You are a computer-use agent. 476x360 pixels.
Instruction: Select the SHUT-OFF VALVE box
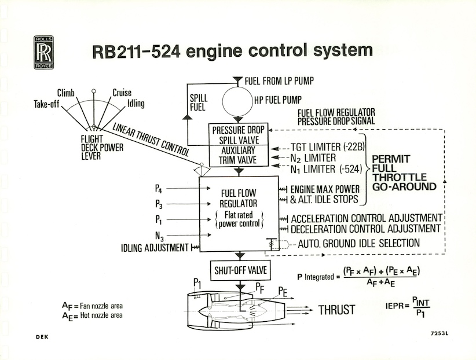237,270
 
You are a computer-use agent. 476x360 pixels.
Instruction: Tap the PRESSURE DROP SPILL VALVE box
237,134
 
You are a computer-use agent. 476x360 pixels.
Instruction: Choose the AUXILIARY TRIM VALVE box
237,155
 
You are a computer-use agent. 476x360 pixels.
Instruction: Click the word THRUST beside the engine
336,310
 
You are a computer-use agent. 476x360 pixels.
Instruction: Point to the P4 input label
159,188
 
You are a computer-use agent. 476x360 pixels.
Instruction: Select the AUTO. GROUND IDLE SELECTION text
359,243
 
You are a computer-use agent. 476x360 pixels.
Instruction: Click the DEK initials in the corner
41,336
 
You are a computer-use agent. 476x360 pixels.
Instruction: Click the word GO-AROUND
404,188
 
